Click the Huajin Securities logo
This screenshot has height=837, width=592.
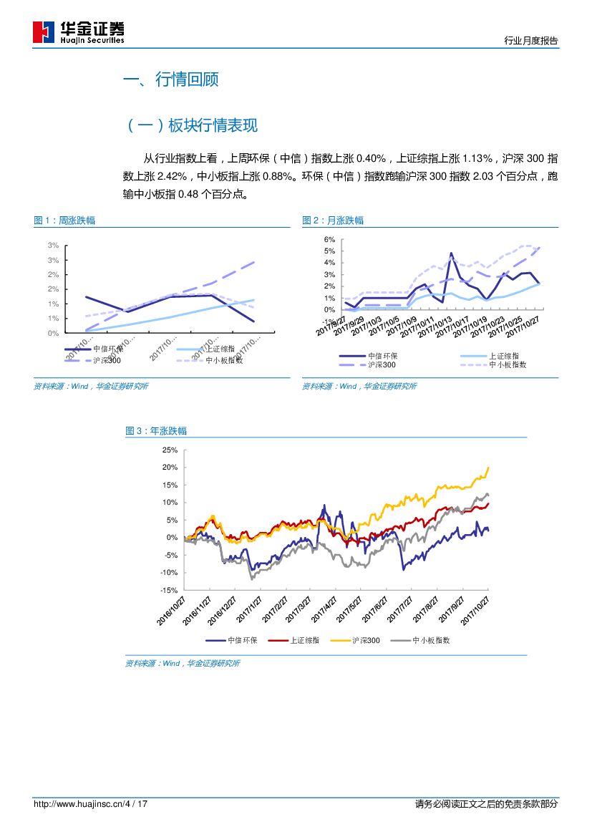[x=78, y=32]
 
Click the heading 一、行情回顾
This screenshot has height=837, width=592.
[x=170, y=79]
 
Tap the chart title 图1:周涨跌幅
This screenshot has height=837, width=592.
[x=64, y=221]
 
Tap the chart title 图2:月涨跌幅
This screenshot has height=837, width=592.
[x=333, y=221]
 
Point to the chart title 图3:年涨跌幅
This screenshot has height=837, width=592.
[x=156, y=431]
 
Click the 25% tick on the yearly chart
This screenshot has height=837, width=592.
[x=170, y=450]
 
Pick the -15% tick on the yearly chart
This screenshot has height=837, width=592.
[x=168, y=590]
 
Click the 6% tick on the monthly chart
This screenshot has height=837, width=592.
[x=330, y=239]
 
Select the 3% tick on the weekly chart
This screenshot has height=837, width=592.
[x=54, y=246]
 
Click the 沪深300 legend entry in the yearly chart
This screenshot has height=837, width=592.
[x=365, y=641]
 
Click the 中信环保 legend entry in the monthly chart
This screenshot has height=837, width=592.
[x=383, y=356]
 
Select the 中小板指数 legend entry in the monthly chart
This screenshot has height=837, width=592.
[x=508, y=364]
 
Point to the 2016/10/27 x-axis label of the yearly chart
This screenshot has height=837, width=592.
[x=173, y=612]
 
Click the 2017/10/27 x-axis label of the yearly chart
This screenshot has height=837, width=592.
[x=475, y=609]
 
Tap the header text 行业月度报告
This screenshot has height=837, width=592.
[x=531, y=41]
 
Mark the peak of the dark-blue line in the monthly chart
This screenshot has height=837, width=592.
[x=451, y=253]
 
